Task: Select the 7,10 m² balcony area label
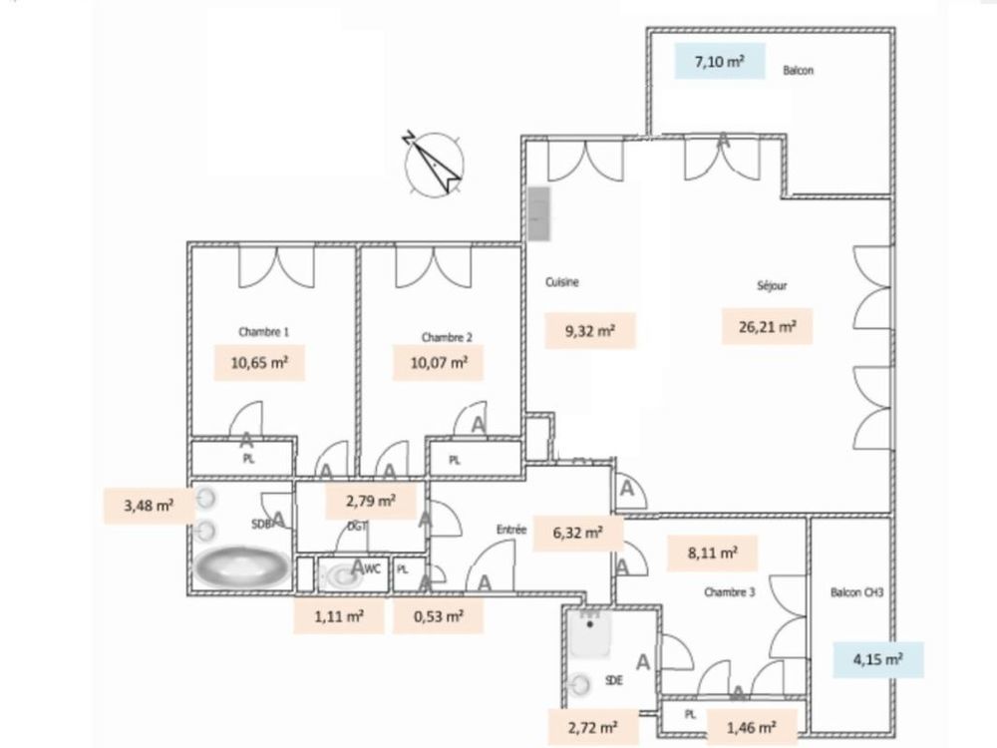(719, 62)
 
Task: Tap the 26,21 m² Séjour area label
(766, 326)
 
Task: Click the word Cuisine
(561, 282)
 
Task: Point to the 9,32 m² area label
(591, 331)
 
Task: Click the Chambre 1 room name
(263, 332)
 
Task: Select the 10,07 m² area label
(439, 363)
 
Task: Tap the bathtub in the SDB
(240, 567)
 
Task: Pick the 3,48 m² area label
(149, 506)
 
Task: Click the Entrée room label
(509, 531)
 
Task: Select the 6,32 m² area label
(579, 533)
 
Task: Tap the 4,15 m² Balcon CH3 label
(878, 659)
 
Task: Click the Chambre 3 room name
(730, 591)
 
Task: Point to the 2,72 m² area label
(592, 726)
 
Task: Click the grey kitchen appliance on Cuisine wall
(538, 214)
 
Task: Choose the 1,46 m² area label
(753, 724)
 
